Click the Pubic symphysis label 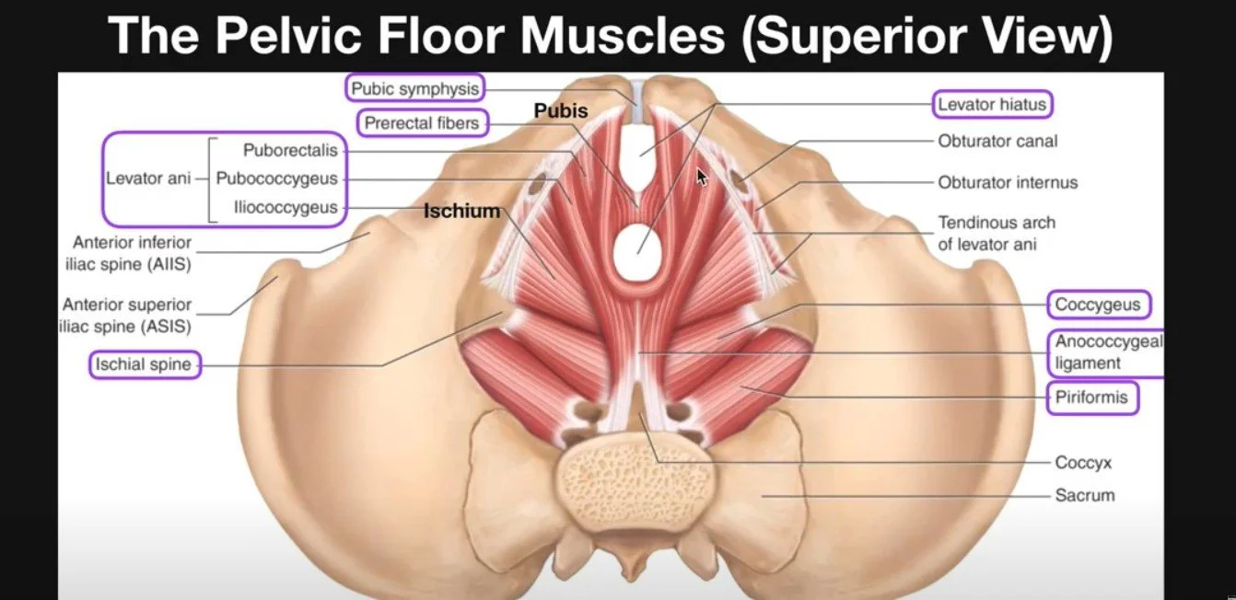tap(415, 88)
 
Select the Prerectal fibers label tap(423, 122)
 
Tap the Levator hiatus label tap(992, 105)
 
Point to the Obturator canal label tap(997, 142)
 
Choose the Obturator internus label tap(1008, 183)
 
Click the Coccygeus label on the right tap(1098, 305)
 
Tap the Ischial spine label tap(144, 364)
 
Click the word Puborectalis tap(290, 150)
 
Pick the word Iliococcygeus tap(285, 208)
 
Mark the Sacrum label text tap(1085, 495)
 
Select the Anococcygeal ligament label tap(1108, 352)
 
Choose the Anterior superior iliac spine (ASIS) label tap(127, 315)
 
